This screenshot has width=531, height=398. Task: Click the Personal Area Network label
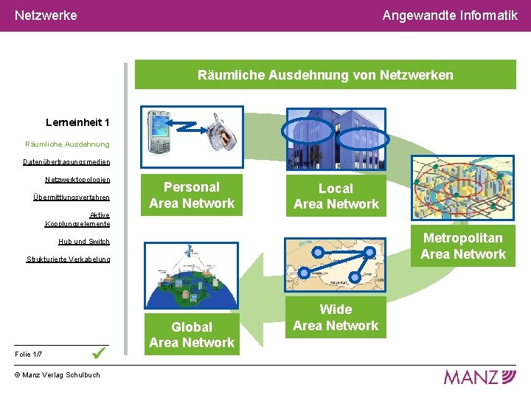pyautogui.click(x=192, y=195)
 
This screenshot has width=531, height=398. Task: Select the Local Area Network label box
pyautogui.click(x=336, y=196)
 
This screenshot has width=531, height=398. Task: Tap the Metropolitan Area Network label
pyautogui.click(x=463, y=246)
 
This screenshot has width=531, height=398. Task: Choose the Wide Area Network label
pyautogui.click(x=336, y=318)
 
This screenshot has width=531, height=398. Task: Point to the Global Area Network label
pyautogui.click(x=192, y=335)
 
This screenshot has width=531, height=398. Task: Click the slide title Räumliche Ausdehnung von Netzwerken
pyautogui.click(x=325, y=75)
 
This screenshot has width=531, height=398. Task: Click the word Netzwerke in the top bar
pyautogui.click(x=46, y=15)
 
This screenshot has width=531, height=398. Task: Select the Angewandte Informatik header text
pyautogui.click(x=450, y=15)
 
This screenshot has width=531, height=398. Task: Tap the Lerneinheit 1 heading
pyautogui.click(x=77, y=122)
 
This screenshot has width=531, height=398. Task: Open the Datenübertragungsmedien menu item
pyautogui.click(x=66, y=161)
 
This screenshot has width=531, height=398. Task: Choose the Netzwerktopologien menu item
pyautogui.click(x=77, y=179)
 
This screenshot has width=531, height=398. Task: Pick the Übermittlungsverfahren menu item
pyautogui.click(x=72, y=197)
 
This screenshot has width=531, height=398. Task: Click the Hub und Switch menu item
pyautogui.click(x=84, y=241)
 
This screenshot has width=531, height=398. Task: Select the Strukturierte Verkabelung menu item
pyautogui.click(x=69, y=259)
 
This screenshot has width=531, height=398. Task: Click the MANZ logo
pyautogui.click(x=479, y=377)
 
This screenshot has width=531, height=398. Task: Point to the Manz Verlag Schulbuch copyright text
pyautogui.click(x=57, y=375)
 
